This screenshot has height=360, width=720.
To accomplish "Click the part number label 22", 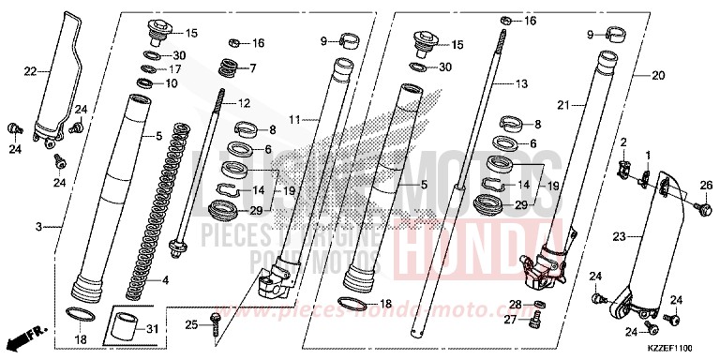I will point(30,69).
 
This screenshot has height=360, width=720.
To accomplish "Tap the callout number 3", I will point(39,227).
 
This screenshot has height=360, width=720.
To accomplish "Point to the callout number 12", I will point(246,103).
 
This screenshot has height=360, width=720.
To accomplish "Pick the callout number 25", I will point(191,325).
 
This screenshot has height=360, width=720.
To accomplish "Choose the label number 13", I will point(523,83).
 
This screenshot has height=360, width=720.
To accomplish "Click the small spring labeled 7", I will point(228,68).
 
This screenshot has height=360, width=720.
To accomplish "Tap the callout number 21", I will point(563,104).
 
